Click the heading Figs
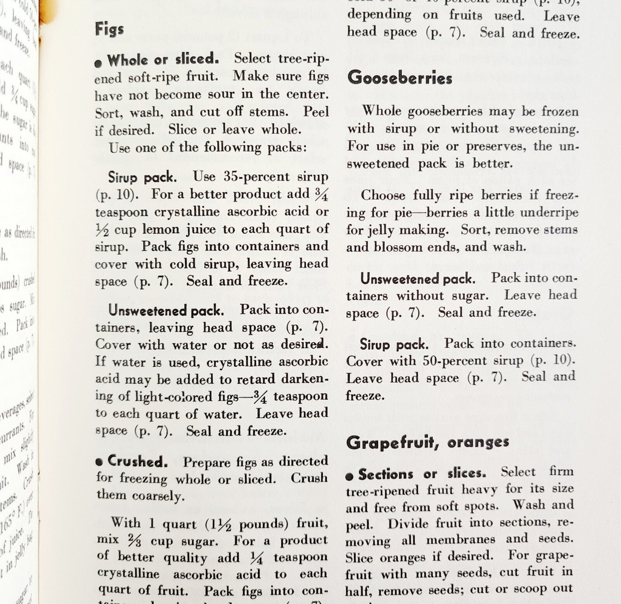[109, 29]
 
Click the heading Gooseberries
[400, 78]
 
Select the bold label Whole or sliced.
[163, 60]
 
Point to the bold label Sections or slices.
[422, 474]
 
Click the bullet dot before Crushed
[100, 462]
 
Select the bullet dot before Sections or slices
[349, 476]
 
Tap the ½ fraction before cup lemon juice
[102, 230]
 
